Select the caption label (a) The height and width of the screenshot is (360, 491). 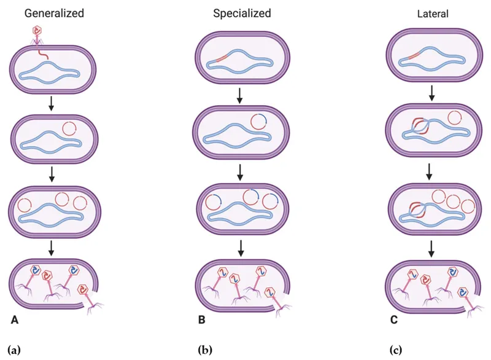tap(14, 350)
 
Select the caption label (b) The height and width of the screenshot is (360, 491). tap(204, 350)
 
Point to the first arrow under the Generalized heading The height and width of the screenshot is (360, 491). tap(52, 103)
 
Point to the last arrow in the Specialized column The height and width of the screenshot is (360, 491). tap(241, 246)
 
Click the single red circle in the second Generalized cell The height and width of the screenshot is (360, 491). tap(69, 130)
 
